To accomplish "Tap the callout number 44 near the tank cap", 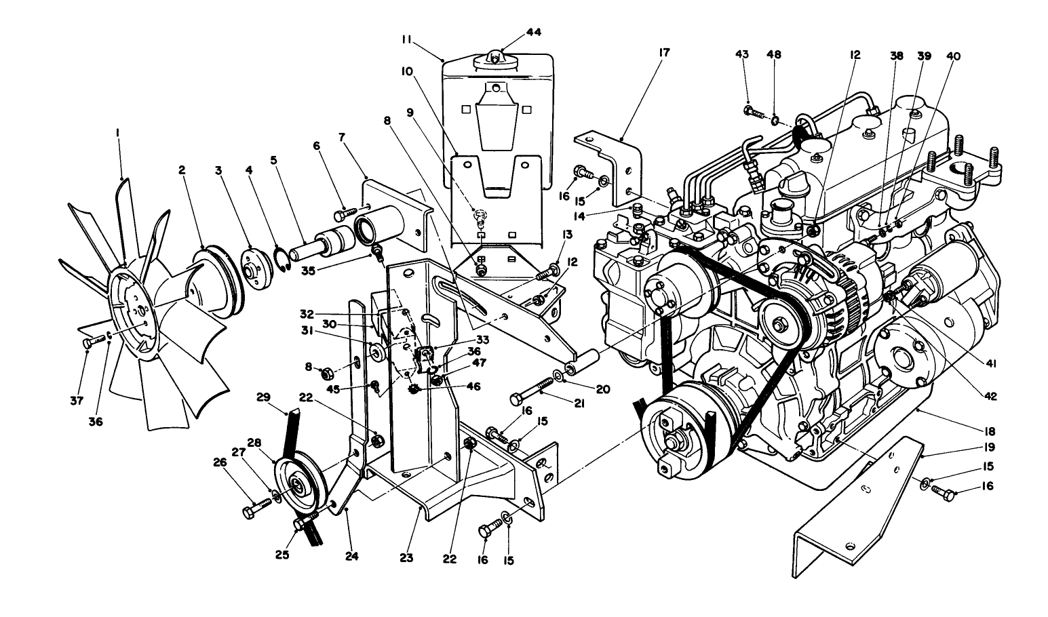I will (x=533, y=32).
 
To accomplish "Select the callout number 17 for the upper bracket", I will (x=663, y=52).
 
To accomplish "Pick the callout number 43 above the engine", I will (x=742, y=54).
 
